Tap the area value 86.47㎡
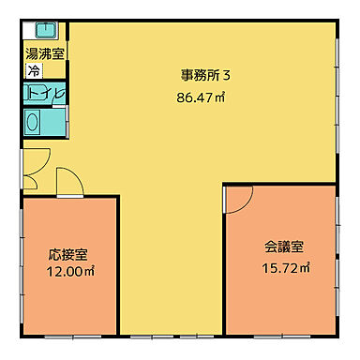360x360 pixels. [x=199, y=96]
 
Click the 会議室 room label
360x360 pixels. [x=284, y=248]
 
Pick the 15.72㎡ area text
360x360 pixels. [x=285, y=267]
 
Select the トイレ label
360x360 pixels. [x=45, y=94]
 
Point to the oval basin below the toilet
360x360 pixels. [x=34, y=122]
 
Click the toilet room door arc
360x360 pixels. [x=58, y=93]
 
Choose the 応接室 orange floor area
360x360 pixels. [x=70, y=300]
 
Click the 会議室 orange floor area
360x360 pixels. [x=281, y=300]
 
